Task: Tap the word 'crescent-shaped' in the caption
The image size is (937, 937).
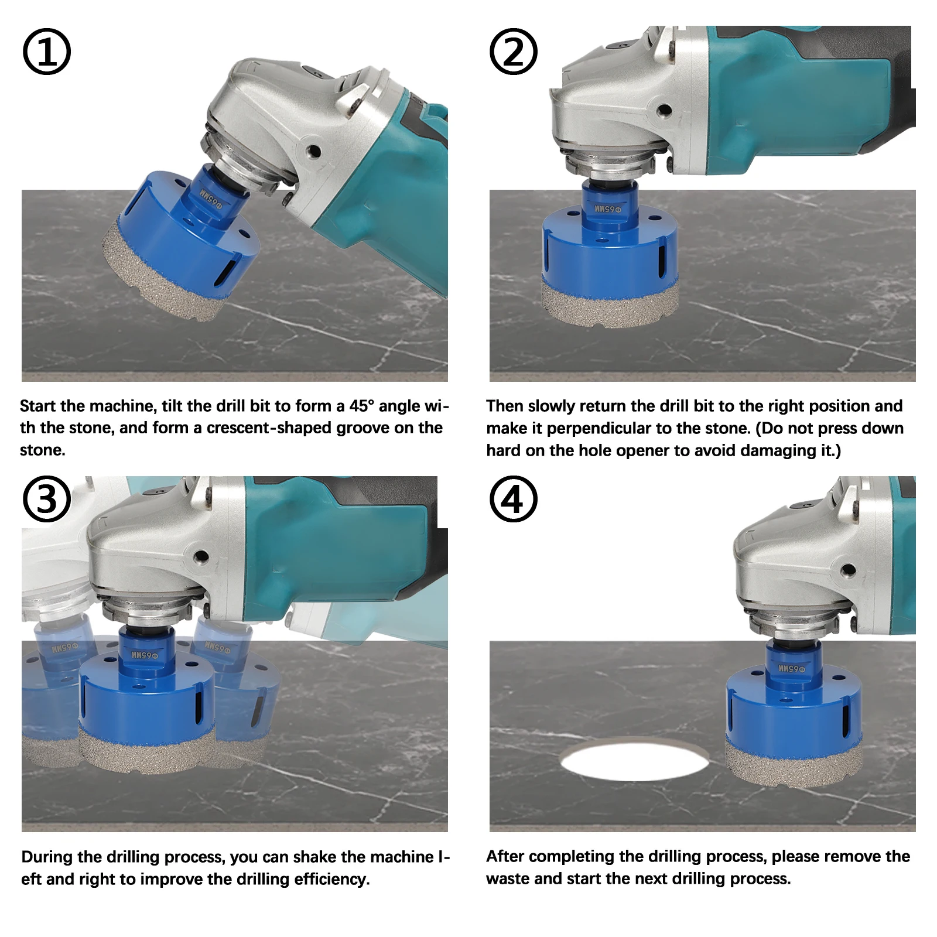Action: [x=299, y=428]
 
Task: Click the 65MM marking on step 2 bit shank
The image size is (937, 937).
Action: [x=610, y=208]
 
